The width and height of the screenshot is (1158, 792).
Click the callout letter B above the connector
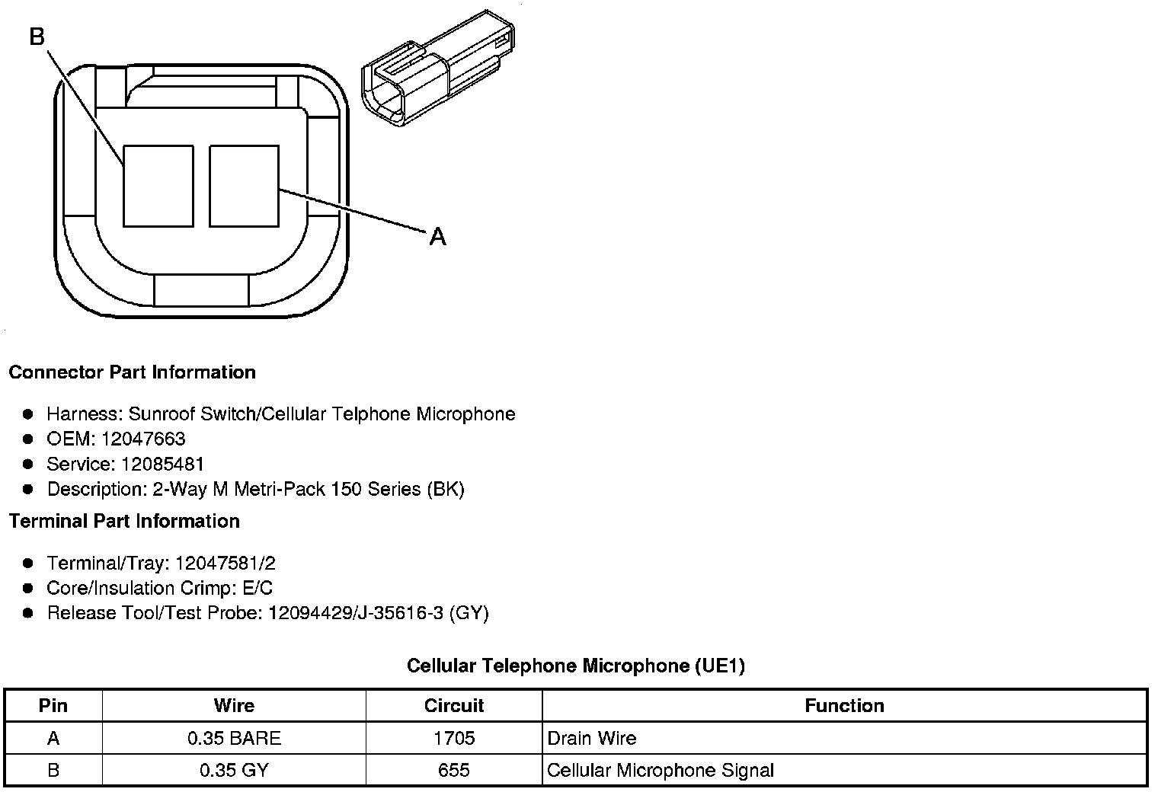coord(37,37)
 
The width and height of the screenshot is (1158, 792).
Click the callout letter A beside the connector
coord(437,237)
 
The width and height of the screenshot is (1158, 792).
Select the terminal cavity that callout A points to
coord(244,186)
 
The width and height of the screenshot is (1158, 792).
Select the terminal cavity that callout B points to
coord(158,186)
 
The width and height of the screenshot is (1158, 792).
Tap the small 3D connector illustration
coord(438,69)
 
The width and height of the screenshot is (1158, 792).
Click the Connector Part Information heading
coord(133,372)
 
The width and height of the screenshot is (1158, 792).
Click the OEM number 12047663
coord(143,439)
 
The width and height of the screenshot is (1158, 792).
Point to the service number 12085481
coord(162,464)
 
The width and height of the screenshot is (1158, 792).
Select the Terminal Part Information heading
coord(125,521)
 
